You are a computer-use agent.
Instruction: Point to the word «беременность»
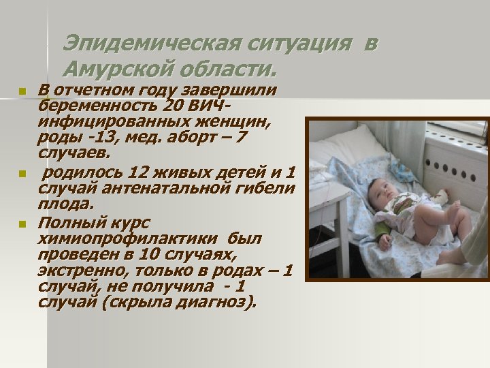tap(98, 106)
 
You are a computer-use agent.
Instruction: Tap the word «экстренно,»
tap(79, 271)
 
